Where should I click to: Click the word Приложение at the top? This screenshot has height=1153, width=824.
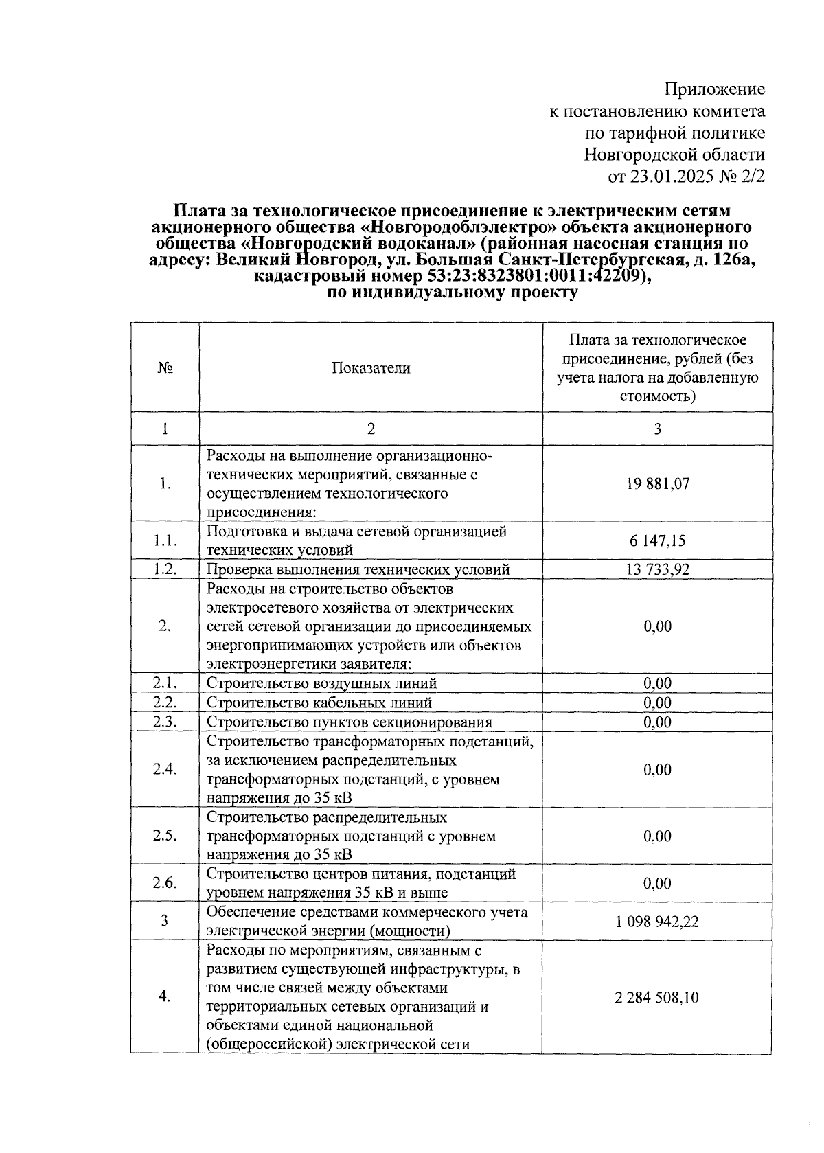click(714, 89)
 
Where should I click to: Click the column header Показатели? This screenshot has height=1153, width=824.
click(371, 368)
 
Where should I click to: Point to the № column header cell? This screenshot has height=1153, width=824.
click(165, 368)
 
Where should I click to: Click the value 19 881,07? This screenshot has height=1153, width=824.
click(657, 483)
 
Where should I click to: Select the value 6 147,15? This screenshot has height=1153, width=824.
click(657, 541)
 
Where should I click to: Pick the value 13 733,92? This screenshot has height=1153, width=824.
click(657, 569)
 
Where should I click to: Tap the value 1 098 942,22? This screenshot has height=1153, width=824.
click(657, 922)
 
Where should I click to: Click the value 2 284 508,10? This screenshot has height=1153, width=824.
click(657, 997)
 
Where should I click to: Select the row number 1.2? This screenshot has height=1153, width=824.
click(165, 569)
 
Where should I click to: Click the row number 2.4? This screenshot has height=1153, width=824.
click(165, 769)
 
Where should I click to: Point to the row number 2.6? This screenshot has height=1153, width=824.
click(165, 883)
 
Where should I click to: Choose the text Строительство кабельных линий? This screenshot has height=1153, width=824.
click(319, 703)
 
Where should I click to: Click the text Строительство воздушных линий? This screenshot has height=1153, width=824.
click(321, 683)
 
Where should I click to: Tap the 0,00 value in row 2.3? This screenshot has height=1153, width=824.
click(657, 722)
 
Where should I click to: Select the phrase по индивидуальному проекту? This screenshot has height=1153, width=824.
click(453, 293)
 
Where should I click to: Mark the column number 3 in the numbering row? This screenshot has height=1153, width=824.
click(657, 429)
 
